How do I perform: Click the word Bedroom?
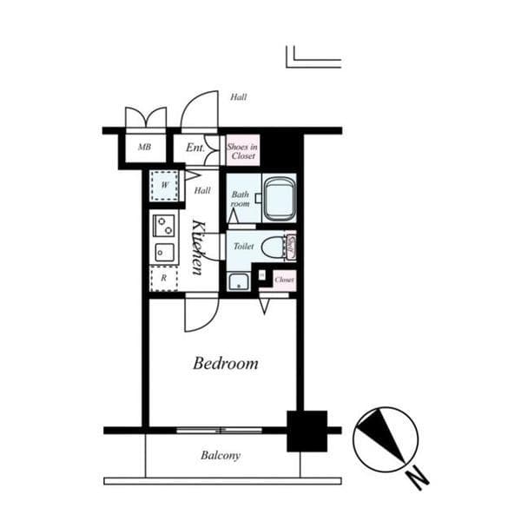[225, 363]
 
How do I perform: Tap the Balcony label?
[221, 455]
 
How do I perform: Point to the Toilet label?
[243, 247]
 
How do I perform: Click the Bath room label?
[240, 199]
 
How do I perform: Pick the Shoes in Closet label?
[242, 152]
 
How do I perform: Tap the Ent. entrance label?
[195, 148]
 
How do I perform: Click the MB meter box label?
[144, 148]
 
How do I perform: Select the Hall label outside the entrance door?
[238, 97]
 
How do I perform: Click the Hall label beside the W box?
[202, 190]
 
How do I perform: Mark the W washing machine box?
[164, 185]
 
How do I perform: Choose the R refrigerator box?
[162, 278]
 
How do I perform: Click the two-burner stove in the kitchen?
[163, 226]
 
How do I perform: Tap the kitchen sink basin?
[162, 252]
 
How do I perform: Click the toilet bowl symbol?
[274, 247]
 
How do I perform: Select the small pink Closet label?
[284, 280]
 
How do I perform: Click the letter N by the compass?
[419, 476]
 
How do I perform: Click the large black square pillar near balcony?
[307, 431]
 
